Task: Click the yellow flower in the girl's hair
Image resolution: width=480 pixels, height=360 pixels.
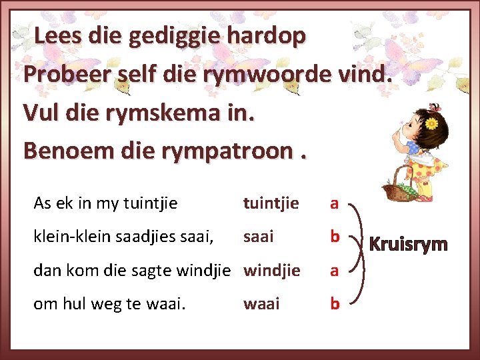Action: coord(431,123)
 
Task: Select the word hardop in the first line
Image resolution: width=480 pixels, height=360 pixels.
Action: coord(267,36)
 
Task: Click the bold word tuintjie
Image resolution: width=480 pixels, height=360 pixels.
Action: coord(271,203)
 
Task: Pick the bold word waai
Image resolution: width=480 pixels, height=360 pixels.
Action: coord(261,305)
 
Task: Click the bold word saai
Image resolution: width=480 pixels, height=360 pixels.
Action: coord(259,237)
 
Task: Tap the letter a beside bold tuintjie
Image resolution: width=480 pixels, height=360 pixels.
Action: coord(335,203)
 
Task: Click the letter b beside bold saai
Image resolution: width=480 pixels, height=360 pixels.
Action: coord(335,237)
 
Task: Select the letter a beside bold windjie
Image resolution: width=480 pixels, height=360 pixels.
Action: coord(335,271)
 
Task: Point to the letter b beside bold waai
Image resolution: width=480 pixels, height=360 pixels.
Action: coord(335,305)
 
